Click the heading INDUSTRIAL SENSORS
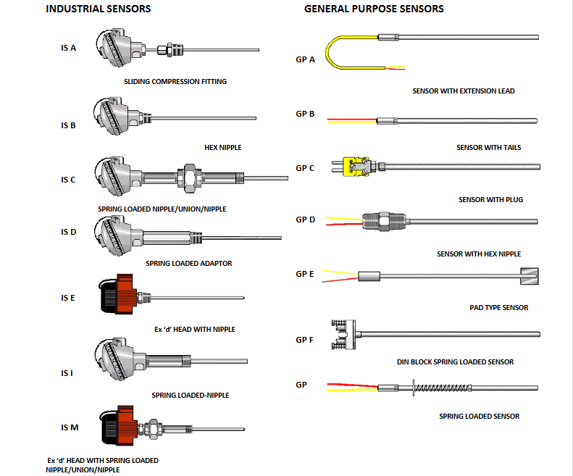pos(98,9)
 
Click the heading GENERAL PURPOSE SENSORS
pos(374,9)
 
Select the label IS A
pos(69,49)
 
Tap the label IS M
pos(70,427)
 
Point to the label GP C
pos(305,168)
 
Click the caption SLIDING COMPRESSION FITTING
pos(175,82)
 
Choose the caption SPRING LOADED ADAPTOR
pos(189,264)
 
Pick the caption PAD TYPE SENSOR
pos(499,307)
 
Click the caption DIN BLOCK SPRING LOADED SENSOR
pos(455,362)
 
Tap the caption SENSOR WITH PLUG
pos(490,199)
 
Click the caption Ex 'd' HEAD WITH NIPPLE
pos(195,329)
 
